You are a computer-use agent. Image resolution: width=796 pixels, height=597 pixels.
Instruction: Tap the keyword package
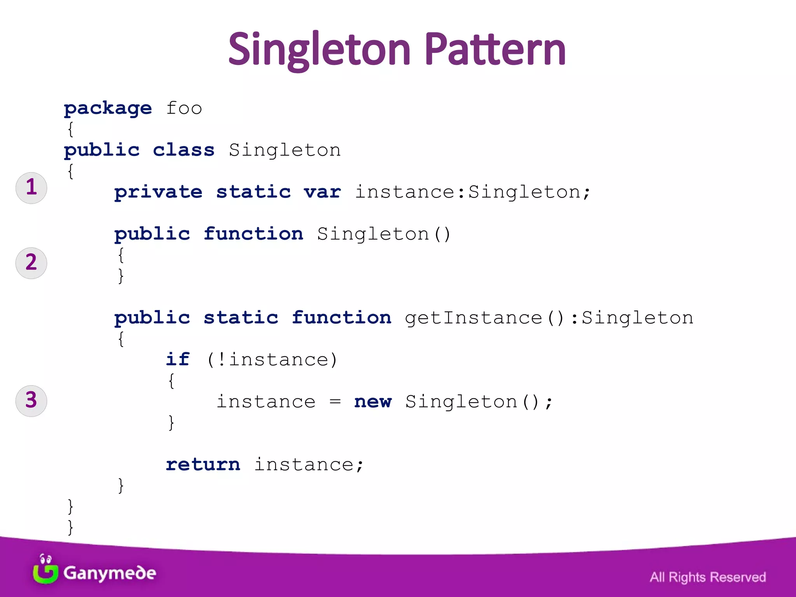coord(108,108)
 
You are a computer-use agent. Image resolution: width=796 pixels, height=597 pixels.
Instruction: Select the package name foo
coord(184,108)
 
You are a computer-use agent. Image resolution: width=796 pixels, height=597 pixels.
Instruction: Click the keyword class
coord(183,150)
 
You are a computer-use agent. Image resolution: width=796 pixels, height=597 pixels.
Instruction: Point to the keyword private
coord(158,192)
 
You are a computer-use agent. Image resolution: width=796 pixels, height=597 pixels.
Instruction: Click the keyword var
coord(322,192)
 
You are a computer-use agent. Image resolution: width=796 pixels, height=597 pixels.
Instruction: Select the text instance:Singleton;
coord(473,192)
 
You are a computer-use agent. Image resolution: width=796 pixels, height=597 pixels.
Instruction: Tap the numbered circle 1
coord(31,188)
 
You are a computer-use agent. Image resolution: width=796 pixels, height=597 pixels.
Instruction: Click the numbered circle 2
coord(31,263)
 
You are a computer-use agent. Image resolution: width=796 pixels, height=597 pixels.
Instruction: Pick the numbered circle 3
coord(31,401)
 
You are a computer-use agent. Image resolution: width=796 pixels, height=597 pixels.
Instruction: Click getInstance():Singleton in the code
coord(549,318)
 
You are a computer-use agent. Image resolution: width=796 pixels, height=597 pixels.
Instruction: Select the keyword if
coord(178,360)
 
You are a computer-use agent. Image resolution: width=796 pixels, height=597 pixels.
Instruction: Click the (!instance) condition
coord(272,360)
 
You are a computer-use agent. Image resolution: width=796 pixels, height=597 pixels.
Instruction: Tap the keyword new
coord(373,401)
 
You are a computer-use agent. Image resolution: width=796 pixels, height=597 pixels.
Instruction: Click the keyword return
coord(203,464)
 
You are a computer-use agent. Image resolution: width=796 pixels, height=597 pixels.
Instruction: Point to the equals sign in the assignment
coord(335,401)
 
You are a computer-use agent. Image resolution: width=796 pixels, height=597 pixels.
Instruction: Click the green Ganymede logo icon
coord(45,570)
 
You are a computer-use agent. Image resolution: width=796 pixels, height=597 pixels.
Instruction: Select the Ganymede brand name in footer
coord(110,573)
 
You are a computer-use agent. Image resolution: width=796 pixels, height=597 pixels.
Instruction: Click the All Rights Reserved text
coord(708,577)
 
